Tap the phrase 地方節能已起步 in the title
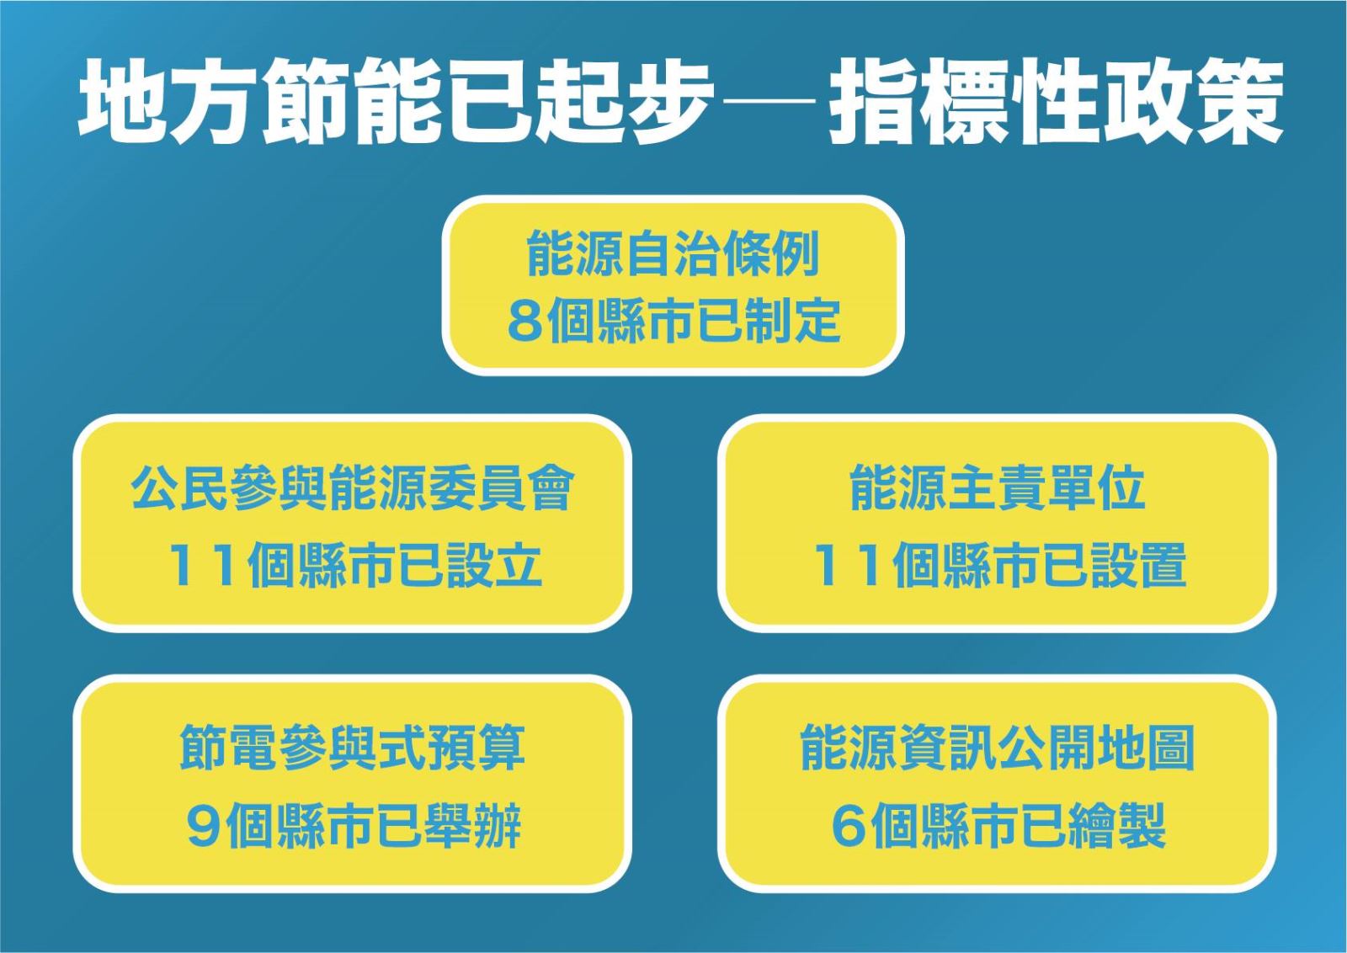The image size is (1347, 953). [397, 101]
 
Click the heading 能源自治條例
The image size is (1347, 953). [673, 253]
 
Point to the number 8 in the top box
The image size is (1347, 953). [522, 321]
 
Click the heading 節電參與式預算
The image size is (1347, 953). [353, 748]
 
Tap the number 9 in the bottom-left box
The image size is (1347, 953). [203, 825]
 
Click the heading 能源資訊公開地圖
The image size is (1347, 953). [998, 748]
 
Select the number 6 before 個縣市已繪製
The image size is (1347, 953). [847, 825]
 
